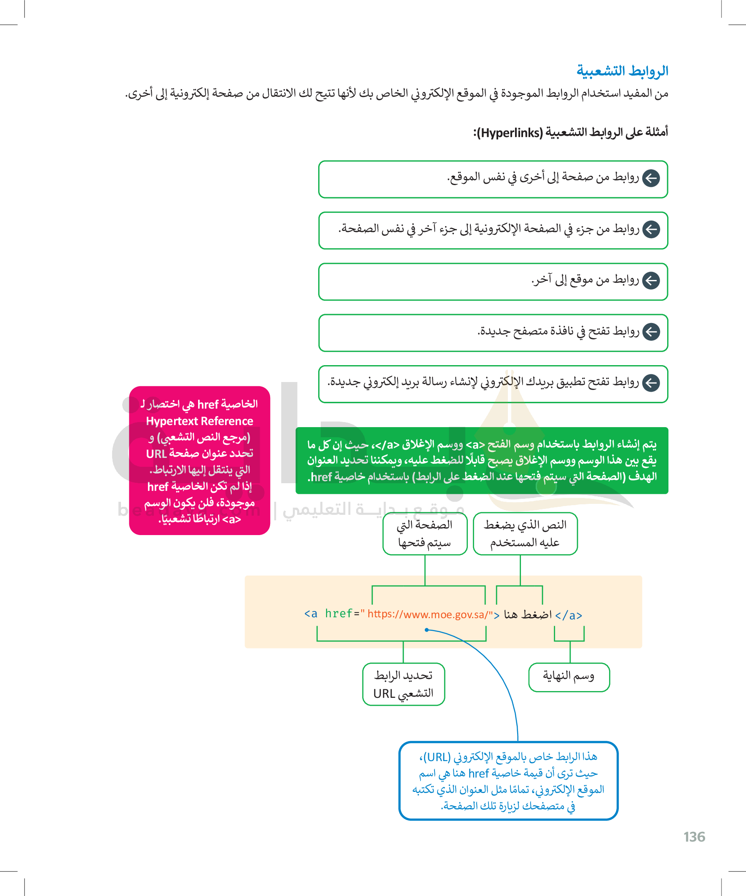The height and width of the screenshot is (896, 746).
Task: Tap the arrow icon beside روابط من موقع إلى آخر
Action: pos(651,281)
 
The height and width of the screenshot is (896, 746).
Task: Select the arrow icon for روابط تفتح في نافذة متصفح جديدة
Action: pos(651,332)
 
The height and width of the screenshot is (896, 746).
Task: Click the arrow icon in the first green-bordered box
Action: pos(651,178)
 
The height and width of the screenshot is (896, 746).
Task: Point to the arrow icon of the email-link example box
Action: pos(651,383)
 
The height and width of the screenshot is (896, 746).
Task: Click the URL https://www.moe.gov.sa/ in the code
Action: pos(427,614)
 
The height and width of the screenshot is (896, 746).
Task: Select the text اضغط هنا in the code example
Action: pos(528,614)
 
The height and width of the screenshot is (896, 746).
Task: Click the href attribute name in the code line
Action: pos(339,614)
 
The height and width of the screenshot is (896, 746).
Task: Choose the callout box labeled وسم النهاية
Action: pos(569,677)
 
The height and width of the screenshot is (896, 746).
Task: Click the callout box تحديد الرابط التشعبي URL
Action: pos(403,684)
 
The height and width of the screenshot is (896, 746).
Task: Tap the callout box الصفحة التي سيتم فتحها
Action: pos(425,533)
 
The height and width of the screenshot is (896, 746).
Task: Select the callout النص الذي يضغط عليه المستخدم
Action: pos(525,533)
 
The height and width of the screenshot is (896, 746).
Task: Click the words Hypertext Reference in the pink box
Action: pos(200,421)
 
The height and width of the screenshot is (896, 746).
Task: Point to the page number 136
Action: pos(694,837)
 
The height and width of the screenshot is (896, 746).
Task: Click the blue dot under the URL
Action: pos(427,630)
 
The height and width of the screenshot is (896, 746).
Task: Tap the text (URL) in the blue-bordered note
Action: pos(436,757)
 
